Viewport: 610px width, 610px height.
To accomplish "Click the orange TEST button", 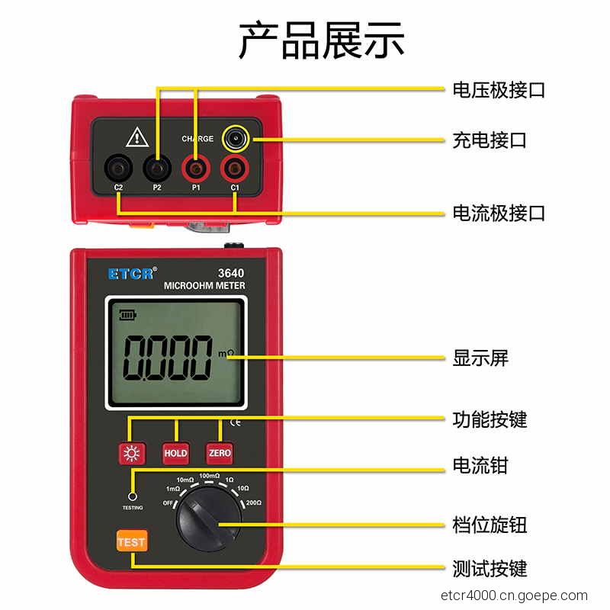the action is point(132,541).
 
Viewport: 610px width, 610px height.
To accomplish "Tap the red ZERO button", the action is point(220,453).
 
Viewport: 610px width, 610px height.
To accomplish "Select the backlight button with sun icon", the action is point(132,454).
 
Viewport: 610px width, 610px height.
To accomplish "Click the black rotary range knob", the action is point(209,518).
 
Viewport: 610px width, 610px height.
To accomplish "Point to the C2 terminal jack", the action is point(118,169).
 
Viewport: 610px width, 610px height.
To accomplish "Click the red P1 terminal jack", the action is point(196,169).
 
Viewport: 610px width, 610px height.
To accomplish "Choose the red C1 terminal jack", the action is point(235,169).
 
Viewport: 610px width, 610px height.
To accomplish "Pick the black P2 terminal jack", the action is point(157,169).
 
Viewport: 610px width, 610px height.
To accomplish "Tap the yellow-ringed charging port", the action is point(236,139).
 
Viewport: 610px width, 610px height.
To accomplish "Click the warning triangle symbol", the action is point(137,137).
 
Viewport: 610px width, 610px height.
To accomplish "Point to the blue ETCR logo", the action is point(132,274).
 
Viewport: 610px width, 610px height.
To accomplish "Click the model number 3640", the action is point(231,273).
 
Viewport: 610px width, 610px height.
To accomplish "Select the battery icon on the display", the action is point(127,314).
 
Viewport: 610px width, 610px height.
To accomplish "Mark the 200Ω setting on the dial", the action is point(254,502).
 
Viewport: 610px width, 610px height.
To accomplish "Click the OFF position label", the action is point(168,503).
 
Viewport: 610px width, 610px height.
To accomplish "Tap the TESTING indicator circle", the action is point(132,497).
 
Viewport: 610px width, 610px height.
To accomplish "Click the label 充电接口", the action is point(490,140).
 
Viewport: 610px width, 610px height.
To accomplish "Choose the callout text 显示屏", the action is point(480,358).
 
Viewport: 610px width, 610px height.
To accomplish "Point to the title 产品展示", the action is point(322,40).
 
